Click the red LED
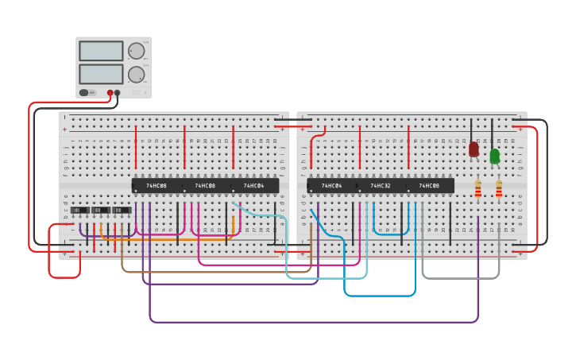474,149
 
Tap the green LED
494,156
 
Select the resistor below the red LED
477,189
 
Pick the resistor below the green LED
498,189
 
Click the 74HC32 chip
381,186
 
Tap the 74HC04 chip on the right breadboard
331,186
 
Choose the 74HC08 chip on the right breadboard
430,186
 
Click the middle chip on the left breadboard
205,186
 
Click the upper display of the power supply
101,51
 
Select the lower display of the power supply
101,74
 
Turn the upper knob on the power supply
137,51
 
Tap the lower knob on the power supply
137,75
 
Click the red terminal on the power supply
110,93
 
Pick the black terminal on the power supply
118,93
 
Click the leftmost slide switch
80,211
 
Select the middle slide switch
101,211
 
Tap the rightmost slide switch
122,211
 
